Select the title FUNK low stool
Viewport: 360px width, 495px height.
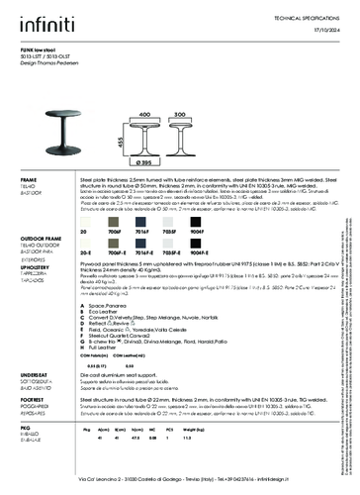tap(41, 46)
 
